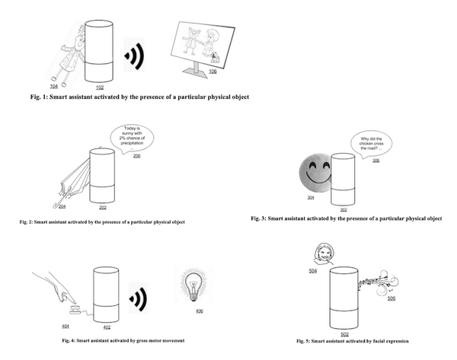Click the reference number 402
(107, 327)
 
